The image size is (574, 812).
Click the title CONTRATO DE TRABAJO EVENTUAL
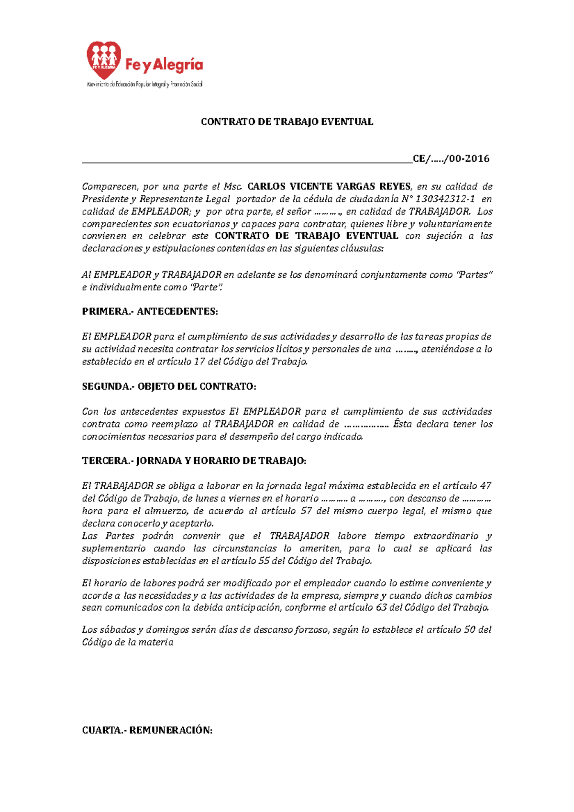click(x=287, y=122)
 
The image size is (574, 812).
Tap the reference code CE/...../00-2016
click(x=451, y=159)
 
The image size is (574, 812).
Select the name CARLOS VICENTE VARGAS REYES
click(x=329, y=187)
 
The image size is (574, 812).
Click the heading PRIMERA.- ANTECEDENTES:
click(x=150, y=312)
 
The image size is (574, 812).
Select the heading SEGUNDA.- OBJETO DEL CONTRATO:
click(x=169, y=386)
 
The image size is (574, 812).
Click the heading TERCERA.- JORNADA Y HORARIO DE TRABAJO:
click(x=194, y=461)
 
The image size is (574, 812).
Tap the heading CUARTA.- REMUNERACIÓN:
click(x=147, y=730)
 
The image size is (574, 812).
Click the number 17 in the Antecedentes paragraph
click(x=199, y=362)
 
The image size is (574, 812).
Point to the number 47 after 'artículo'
click(x=486, y=486)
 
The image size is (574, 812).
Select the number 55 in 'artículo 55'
click(x=264, y=561)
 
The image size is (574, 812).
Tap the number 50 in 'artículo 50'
click(x=470, y=630)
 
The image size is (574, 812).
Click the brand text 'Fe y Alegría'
click(x=164, y=66)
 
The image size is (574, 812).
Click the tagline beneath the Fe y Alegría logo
click(x=144, y=85)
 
